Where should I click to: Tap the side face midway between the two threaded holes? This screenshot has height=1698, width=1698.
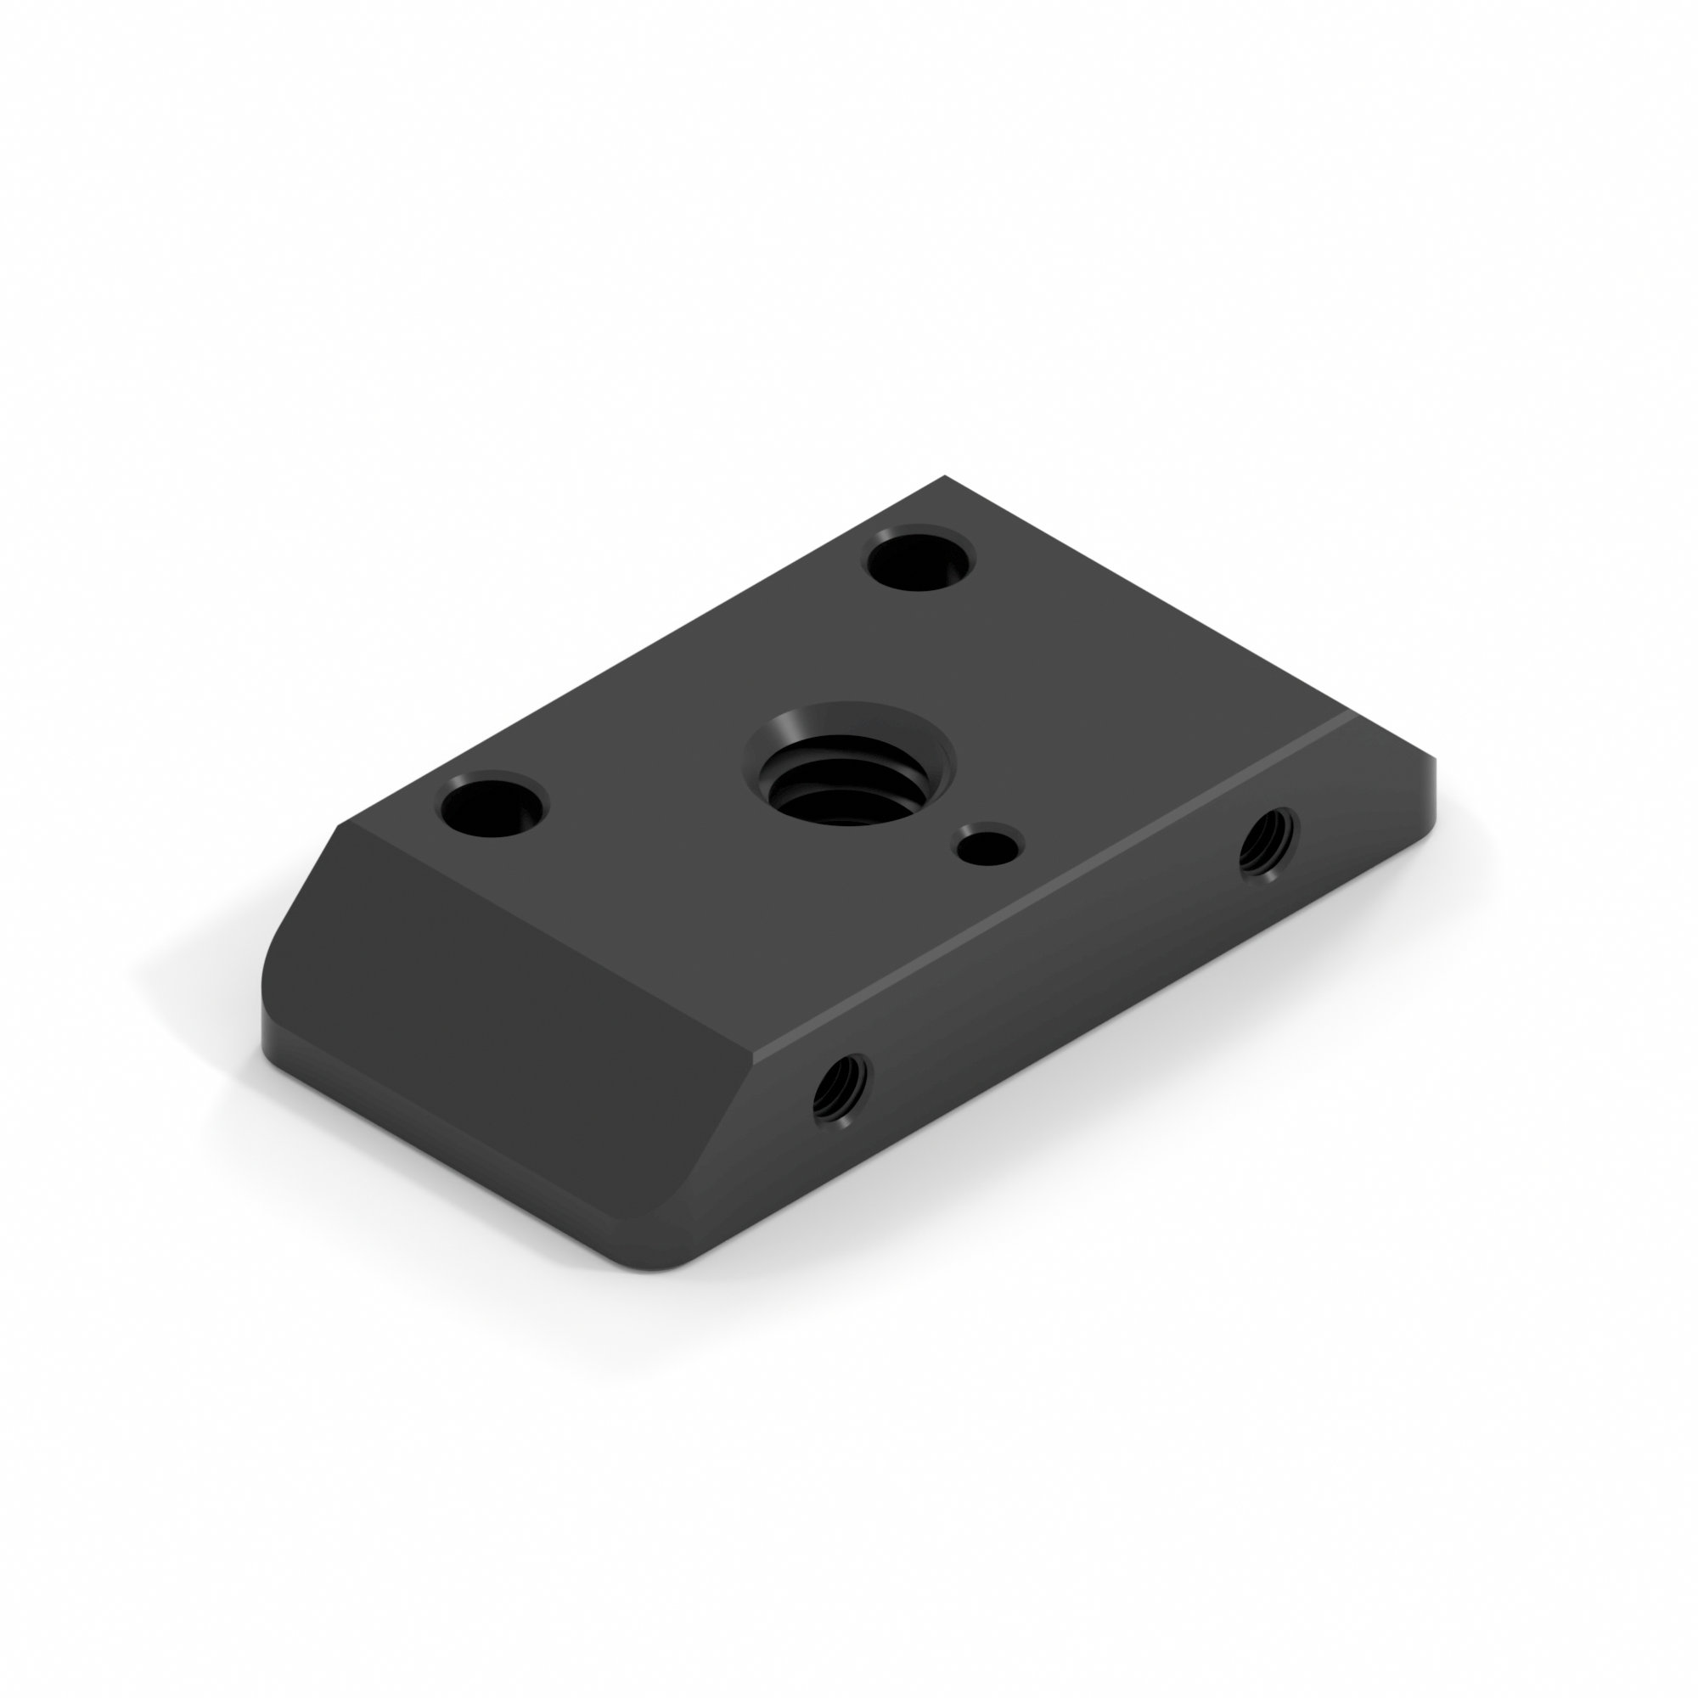pyautogui.click(x=1054, y=976)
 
